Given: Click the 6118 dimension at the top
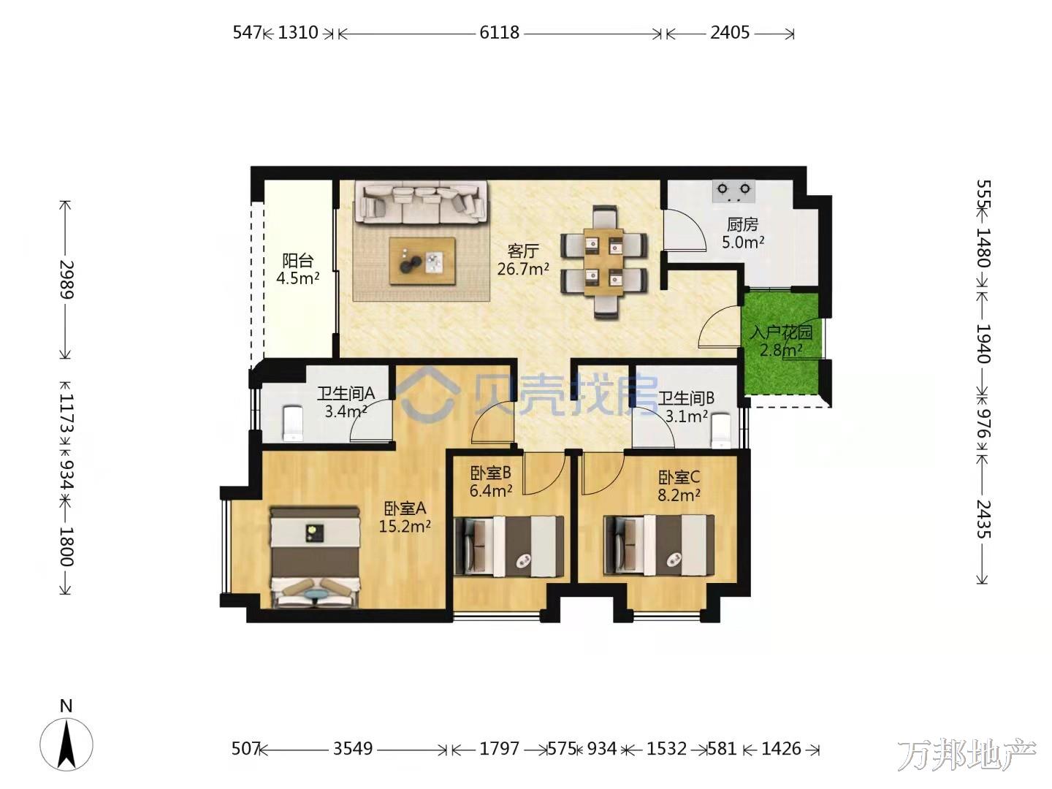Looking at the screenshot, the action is pyautogui.click(x=499, y=33).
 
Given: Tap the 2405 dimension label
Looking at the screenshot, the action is pyautogui.click(x=729, y=33).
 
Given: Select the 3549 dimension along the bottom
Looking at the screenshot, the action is pyautogui.click(x=353, y=748).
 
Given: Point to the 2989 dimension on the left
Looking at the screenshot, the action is pyautogui.click(x=66, y=279).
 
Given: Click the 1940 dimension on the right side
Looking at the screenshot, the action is pyautogui.click(x=983, y=343).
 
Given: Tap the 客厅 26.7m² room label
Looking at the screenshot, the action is pyautogui.click(x=523, y=259).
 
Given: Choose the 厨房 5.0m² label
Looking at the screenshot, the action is pyautogui.click(x=743, y=233).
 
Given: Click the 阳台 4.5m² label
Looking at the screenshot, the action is pyautogui.click(x=297, y=270).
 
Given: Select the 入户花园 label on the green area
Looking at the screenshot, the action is pyautogui.click(x=781, y=332).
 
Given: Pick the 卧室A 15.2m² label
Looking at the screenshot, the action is pyautogui.click(x=405, y=517).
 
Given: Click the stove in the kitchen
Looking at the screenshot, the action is pyautogui.click(x=733, y=191).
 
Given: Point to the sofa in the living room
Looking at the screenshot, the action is pyautogui.click(x=420, y=202).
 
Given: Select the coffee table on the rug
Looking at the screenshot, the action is pyautogui.click(x=422, y=261).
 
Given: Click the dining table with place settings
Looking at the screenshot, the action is pyautogui.click(x=604, y=262).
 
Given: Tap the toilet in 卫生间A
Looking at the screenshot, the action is pyautogui.click(x=292, y=423).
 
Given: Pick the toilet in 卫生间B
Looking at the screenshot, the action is pyautogui.click(x=720, y=430).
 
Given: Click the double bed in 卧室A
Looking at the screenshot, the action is pyautogui.click(x=315, y=558).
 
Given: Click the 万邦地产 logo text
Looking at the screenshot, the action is pyautogui.click(x=967, y=755).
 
